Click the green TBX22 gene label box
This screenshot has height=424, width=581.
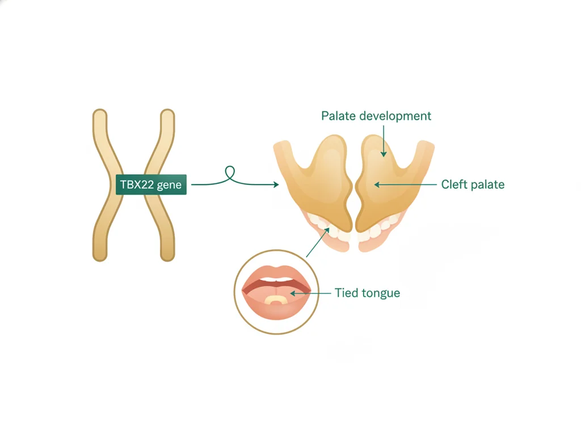pos(151,184)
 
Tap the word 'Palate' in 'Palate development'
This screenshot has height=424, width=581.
pos(338,116)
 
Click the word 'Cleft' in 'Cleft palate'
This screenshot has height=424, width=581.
pos(454,184)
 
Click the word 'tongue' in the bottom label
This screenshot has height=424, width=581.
pos(380,293)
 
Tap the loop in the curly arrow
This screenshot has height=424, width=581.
pos(230,172)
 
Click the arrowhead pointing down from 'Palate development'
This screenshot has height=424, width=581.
pos(384,153)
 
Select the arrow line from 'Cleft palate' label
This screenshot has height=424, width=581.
pos(405,184)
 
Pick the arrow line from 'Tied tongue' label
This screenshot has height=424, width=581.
pos(310,293)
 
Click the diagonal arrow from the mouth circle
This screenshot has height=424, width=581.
pos(318,242)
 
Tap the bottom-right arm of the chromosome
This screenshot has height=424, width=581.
pos(162,226)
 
